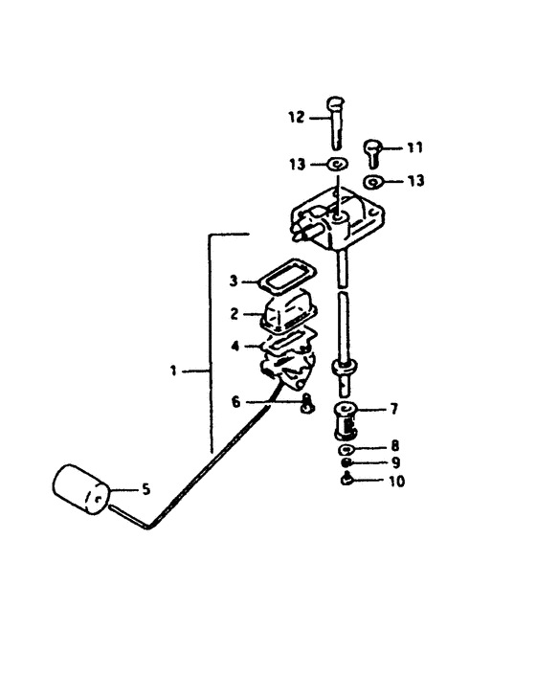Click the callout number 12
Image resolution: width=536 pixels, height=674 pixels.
point(295,118)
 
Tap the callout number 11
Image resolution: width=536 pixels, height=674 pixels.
point(413,147)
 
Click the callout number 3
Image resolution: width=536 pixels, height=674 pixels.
point(233,281)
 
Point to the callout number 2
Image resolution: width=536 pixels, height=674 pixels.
point(233,313)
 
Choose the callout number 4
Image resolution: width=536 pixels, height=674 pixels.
point(233,346)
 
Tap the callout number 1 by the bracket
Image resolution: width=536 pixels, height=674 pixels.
point(173,369)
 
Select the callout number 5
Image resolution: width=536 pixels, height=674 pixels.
point(145,490)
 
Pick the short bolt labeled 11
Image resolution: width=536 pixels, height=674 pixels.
point(375,151)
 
